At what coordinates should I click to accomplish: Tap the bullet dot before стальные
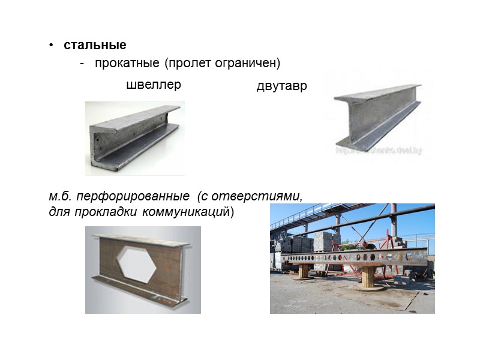pos(52,46)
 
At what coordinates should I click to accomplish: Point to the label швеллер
pos(154,85)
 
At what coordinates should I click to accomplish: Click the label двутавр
pos(281,86)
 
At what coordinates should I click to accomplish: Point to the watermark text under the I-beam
pos(379,151)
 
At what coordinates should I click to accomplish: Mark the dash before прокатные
pos(82,63)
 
